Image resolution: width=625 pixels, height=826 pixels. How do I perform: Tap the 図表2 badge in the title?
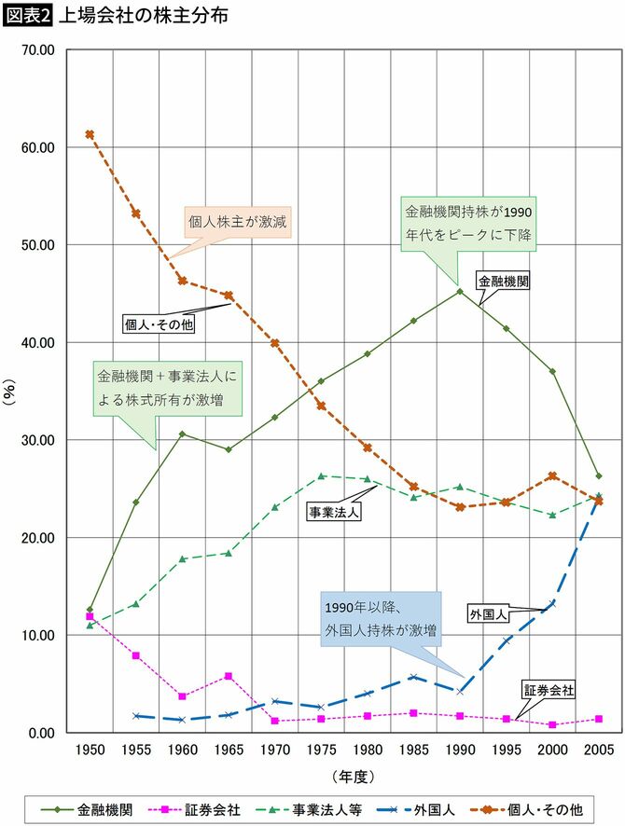point(30,16)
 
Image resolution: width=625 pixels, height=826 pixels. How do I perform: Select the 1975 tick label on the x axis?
point(321,750)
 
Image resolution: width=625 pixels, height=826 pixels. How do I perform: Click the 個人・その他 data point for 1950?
point(90,134)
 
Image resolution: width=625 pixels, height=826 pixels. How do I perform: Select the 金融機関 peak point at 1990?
point(460,292)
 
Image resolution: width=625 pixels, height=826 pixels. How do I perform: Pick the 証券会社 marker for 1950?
point(90,616)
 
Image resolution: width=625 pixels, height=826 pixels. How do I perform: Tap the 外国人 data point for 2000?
point(552,603)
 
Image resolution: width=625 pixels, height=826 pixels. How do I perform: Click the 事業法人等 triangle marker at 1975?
point(321,475)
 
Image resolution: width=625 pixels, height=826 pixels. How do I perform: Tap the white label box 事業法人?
point(334,512)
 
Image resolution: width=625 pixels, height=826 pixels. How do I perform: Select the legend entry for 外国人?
point(428,810)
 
